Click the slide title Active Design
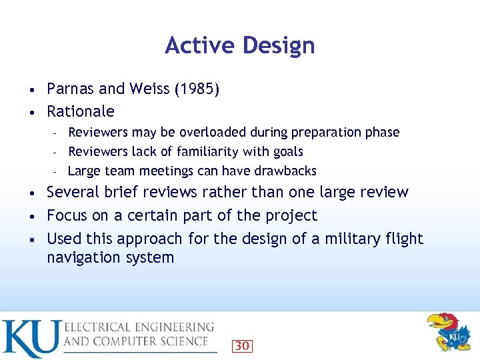coord(239,45)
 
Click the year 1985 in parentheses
coord(196,89)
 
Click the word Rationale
coord(81,111)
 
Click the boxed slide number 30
coord(242,345)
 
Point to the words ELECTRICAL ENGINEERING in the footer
coord(139,327)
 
